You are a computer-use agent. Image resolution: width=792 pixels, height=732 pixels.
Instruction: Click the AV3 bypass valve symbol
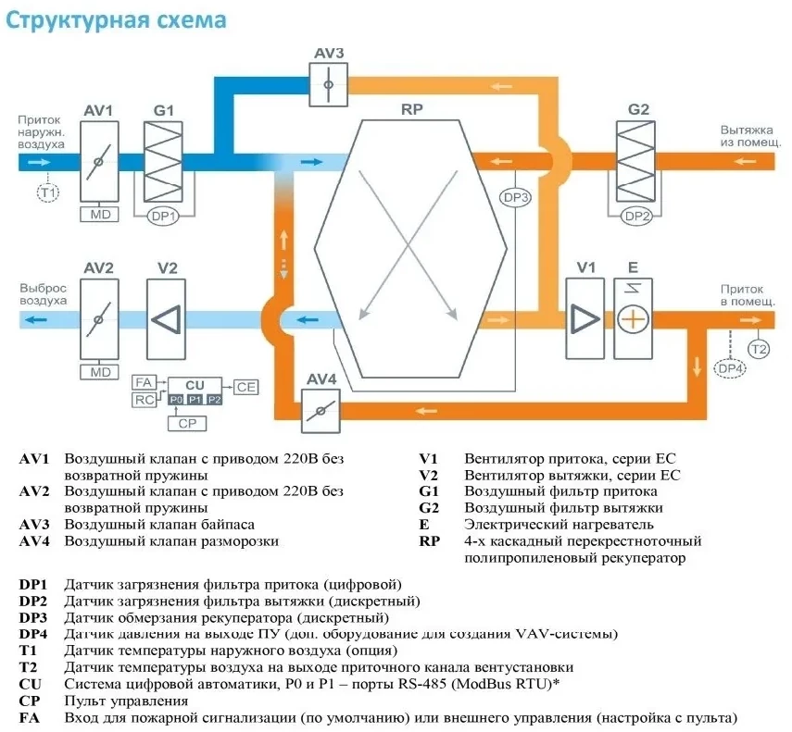tap(328, 84)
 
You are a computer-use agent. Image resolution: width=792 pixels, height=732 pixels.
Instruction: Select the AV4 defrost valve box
tap(321, 411)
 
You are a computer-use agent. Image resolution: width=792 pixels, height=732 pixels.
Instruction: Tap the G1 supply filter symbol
tap(163, 161)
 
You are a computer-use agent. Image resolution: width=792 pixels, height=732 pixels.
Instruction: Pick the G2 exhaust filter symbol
tap(635, 161)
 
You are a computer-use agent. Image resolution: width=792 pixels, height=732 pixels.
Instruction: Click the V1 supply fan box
tap(585, 319)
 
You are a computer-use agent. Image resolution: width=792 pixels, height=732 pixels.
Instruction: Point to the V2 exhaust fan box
tap(166, 319)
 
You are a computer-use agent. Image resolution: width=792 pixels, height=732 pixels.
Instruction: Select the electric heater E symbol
tap(633, 319)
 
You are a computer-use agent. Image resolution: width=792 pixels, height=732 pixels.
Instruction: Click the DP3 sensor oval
tap(516, 198)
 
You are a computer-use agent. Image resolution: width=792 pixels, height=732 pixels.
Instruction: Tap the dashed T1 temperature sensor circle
tap(48, 192)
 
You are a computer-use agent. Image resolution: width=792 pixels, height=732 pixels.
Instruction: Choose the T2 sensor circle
tap(759, 349)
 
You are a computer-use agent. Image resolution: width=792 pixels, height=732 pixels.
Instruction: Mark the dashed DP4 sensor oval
tap(730, 368)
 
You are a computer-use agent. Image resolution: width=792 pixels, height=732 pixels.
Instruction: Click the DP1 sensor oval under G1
tap(163, 217)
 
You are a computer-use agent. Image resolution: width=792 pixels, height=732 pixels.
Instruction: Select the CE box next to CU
tap(246, 388)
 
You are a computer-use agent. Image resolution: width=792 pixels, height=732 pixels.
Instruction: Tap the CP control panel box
tap(187, 423)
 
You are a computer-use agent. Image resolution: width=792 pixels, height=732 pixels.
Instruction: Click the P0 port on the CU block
tap(176, 400)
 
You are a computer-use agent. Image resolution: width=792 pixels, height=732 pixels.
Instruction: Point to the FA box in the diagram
tap(144, 382)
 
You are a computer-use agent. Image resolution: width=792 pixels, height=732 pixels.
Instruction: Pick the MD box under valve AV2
tap(100, 372)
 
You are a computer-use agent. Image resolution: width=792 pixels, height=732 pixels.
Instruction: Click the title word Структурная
tap(77, 20)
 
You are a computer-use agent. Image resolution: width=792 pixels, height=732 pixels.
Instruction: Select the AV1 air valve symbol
tap(99, 161)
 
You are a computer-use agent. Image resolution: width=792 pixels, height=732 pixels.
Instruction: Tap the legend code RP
tap(429, 541)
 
